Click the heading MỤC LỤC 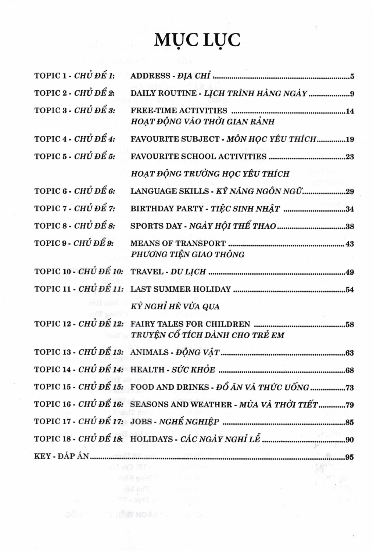tap(197, 40)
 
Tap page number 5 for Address tap(352, 77)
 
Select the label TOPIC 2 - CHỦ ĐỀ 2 tap(75, 93)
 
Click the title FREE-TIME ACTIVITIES tap(179, 111)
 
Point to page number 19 tap(350, 139)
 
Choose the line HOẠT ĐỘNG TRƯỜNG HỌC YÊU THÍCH tap(210, 174)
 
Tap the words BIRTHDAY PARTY tap(167, 209)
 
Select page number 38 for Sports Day tap(350, 226)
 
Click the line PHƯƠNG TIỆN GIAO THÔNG tap(187, 254)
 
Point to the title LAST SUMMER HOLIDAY tap(181, 289)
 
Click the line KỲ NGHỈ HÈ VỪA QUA tap(175, 306)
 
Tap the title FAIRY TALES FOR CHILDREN tap(190, 324)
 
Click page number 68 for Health tap(350, 370)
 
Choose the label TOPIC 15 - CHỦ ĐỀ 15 tap(79, 387)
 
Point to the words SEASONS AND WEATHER tap(181, 404)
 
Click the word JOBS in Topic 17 tap(141, 422)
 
